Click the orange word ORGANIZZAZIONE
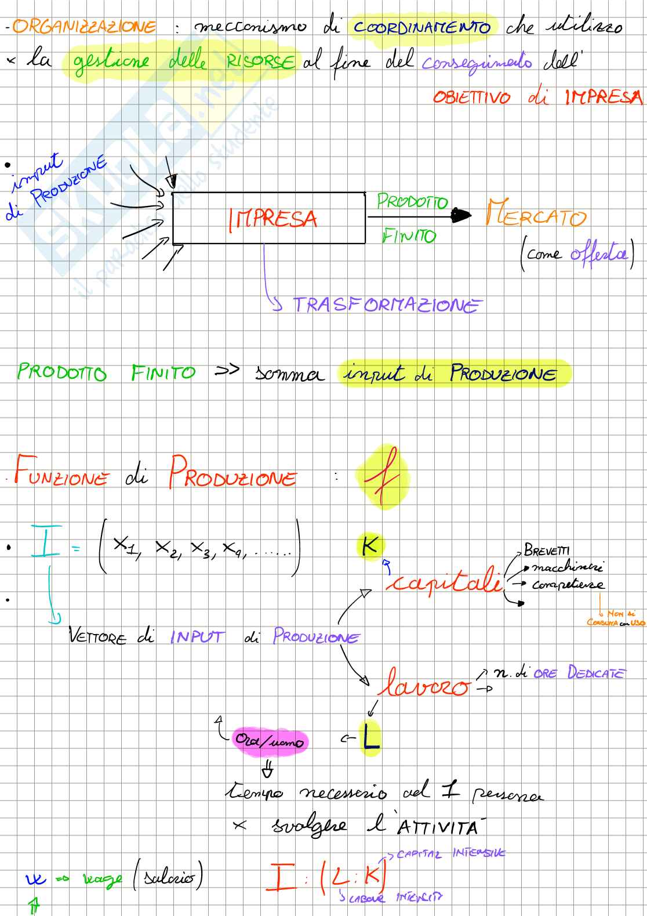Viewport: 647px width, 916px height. point(85,27)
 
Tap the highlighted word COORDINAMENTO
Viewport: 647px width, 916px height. point(422,27)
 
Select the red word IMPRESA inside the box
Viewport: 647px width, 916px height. point(273,219)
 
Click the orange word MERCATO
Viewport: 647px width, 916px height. point(536,215)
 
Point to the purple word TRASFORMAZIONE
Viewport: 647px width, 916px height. point(387,305)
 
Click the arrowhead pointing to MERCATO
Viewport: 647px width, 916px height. point(462,216)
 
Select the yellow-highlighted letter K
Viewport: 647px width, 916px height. point(370,545)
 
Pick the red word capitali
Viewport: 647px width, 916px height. point(444,580)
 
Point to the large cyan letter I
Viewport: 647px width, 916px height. point(45,541)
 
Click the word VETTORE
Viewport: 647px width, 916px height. point(97,637)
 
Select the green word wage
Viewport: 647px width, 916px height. point(102,879)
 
